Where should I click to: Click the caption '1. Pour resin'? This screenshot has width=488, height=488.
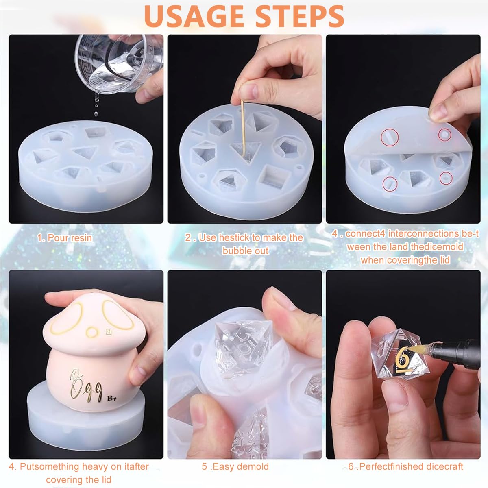pyautogui.click(x=65, y=238)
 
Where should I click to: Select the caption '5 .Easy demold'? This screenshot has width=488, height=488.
pyautogui.click(x=235, y=466)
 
